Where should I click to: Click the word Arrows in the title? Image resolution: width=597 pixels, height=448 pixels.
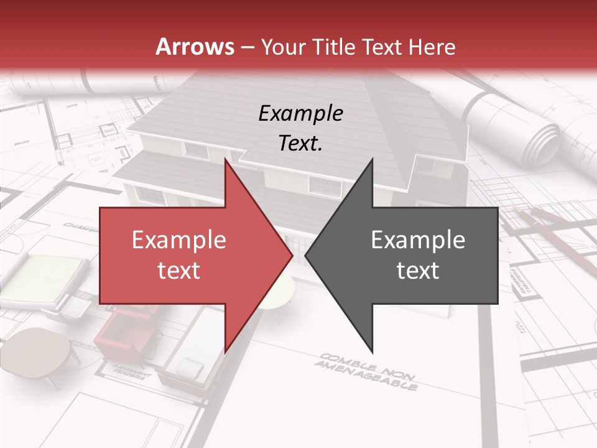(195, 47)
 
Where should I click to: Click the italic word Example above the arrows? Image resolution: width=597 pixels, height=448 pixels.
(300, 113)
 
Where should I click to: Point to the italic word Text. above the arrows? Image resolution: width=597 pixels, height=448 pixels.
(300, 143)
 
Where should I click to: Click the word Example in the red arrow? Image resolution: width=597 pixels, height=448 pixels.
(178, 240)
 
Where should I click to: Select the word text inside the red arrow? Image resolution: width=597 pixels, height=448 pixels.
(178, 270)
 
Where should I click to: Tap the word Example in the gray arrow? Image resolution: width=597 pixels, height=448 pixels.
(418, 240)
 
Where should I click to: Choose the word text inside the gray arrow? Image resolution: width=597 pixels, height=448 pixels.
(418, 270)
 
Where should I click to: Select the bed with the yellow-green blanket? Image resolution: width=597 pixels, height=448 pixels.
(47, 277)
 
